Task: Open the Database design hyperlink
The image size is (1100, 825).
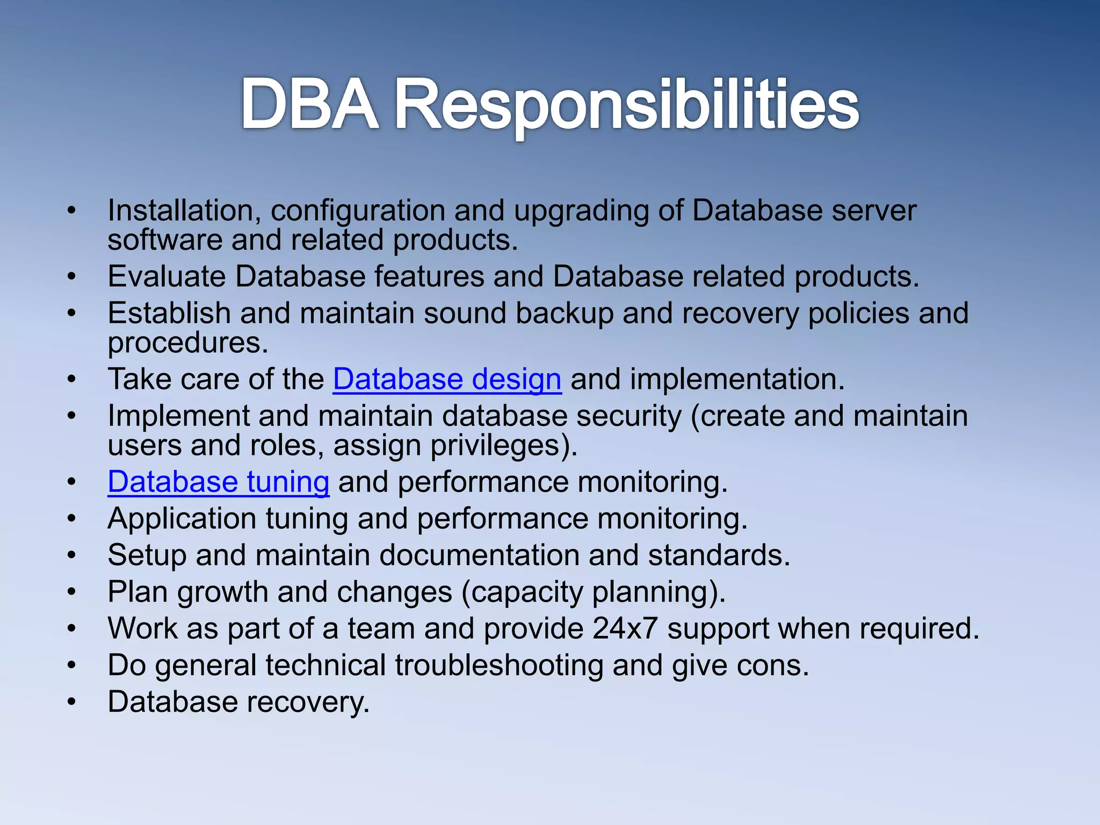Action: click(447, 379)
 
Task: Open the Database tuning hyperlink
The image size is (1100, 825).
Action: click(218, 482)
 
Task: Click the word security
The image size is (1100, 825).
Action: click(628, 416)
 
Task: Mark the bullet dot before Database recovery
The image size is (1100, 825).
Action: click(72, 702)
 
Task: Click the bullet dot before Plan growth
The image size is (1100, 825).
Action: click(72, 592)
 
